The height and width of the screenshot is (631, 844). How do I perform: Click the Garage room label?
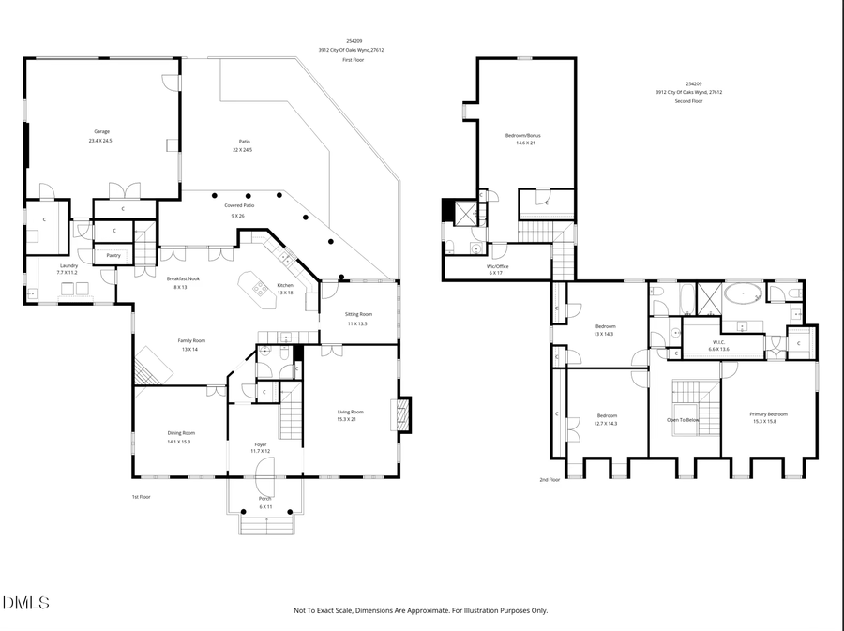click(101, 131)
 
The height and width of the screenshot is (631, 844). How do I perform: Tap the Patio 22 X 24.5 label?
click(243, 142)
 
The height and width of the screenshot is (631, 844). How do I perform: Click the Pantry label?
click(113, 255)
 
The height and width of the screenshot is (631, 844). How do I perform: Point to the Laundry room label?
click(68, 265)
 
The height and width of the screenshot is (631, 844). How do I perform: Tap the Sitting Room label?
click(358, 314)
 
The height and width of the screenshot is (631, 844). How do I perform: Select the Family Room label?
click(192, 340)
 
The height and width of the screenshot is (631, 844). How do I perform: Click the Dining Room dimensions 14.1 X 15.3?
click(178, 442)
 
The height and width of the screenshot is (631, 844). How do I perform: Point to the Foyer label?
click(261, 444)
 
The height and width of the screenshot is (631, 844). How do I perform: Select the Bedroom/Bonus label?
click(522, 136)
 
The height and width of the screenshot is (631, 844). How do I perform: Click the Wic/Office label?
click(497, 266)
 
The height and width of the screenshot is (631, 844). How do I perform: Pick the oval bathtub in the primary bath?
click(745, 295)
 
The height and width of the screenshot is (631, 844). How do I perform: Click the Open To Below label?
click(683, 420)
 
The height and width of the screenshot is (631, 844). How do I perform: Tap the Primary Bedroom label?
click(768, 414)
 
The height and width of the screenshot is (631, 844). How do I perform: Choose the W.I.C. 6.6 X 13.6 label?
click(718, 342)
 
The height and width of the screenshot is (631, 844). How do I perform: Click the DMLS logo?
click(26, 602)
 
